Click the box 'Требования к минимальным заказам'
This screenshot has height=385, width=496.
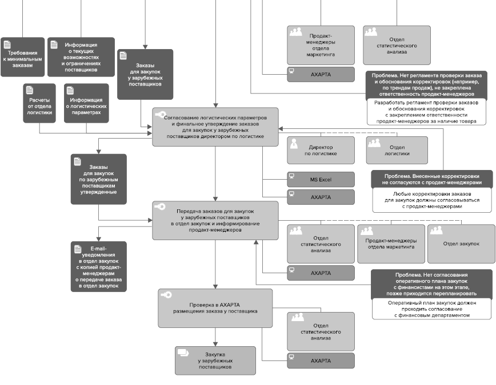pyautogui.click(x=22, y=57)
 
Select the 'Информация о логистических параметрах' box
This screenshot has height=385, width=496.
pyautogui.click(x=86, y=103)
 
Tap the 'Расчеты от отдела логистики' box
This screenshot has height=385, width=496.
pyautogui.click(x=39, y=103)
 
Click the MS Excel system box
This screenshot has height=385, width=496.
pyautogui.click(x=321, y=180)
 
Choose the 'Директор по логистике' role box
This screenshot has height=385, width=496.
pyautogui.click(x=321, y=151)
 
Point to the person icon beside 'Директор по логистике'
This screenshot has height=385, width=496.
pyautogui.click(x=294, y=143)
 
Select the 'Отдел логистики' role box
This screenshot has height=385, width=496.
pyautogui.click(x=397, y=151)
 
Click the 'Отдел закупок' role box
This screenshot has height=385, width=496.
pyautogui.click(x=461, y=244)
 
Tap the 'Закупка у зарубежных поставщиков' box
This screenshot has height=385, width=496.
pyautogui.click(x=215, y=360)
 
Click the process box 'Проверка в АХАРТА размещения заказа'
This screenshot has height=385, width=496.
pyautogui.click(x=215, y=308)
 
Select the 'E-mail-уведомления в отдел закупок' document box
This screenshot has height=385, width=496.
pyautogui.click(x=99, y=266)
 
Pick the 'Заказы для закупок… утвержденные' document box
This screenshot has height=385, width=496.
pyautogui.click(x=99, y=179)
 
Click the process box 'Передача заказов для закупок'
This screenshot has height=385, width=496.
pyautogui.click(x=215, y=221)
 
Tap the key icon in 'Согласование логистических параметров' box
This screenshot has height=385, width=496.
pyautogui.click(x=161, y=114)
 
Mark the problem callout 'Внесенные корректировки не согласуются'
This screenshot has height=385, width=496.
pyautogui.click(x=432, y=180)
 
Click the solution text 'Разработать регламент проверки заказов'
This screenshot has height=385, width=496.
pyautogui.click(x=426, y=112)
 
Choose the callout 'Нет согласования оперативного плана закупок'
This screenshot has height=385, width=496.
pyautogui.click(x=431, y=284)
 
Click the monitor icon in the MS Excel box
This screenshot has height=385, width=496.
pyautogui.click(x=291, y=176)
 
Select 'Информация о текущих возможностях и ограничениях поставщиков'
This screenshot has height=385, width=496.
pyautogui.click(x=81, y=57)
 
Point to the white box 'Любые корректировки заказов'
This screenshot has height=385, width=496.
pyautogui.click(x=432, y=200)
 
